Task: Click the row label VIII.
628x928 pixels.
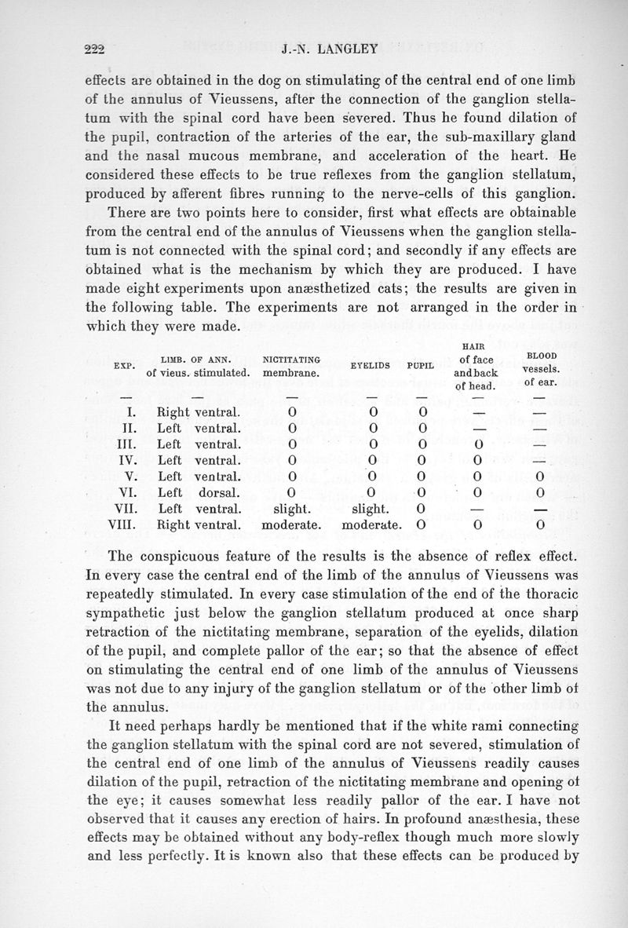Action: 126,523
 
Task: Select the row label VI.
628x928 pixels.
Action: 126,491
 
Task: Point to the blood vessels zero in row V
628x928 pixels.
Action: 539,476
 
